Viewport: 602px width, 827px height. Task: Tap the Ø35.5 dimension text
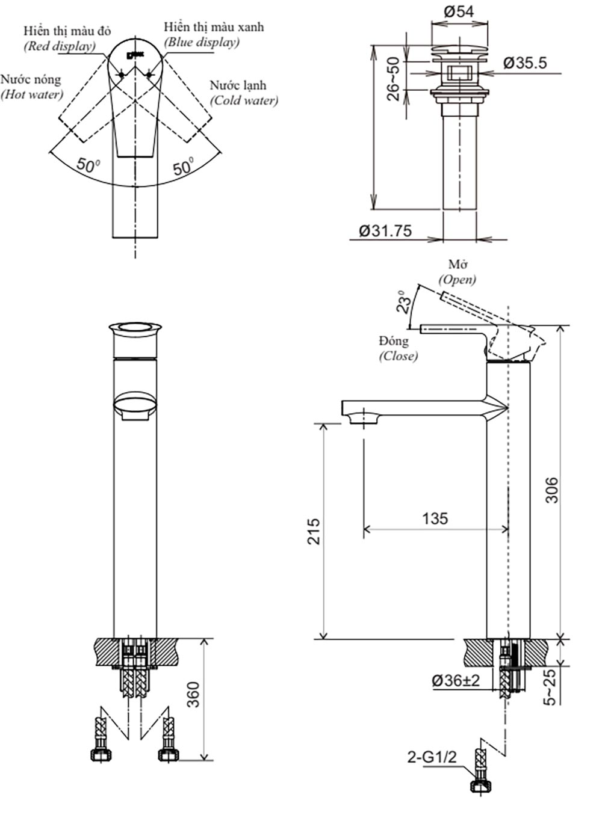525,63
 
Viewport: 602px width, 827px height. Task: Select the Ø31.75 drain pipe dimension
385,231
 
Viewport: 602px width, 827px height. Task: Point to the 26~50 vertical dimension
393,79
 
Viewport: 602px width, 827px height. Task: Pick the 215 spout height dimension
314,531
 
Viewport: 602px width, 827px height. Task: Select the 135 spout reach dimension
435,518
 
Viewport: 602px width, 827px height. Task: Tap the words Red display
59,46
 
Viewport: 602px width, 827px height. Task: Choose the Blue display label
202,42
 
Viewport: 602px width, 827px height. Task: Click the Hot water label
32,94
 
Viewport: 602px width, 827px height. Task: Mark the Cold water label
244,100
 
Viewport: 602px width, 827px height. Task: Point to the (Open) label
457,279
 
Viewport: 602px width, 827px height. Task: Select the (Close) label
398,355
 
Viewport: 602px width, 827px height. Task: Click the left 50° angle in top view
88,164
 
